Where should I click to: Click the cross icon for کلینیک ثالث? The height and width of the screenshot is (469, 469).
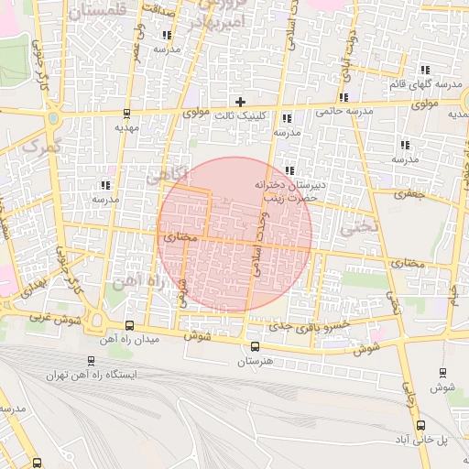(x=240, y=101)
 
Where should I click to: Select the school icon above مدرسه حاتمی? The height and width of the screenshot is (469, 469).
(x=344, y=98)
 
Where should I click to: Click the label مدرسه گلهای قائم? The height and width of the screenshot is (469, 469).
(x=425, y=84)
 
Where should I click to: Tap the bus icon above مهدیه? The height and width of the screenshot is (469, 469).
(x=126, y=115)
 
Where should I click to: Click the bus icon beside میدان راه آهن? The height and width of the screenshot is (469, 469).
(x=128, y=326)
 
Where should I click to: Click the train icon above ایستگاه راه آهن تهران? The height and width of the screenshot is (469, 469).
(x=90, y=361)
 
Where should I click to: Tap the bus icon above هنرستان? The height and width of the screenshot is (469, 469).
(x=255, y=346)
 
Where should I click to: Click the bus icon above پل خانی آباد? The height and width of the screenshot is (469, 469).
(x=420, y=425)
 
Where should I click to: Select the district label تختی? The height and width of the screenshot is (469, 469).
(x=359, y=229)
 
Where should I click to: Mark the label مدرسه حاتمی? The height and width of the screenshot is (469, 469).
(x=344, y=112)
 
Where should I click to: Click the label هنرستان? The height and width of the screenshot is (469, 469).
(x=255, y=361)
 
